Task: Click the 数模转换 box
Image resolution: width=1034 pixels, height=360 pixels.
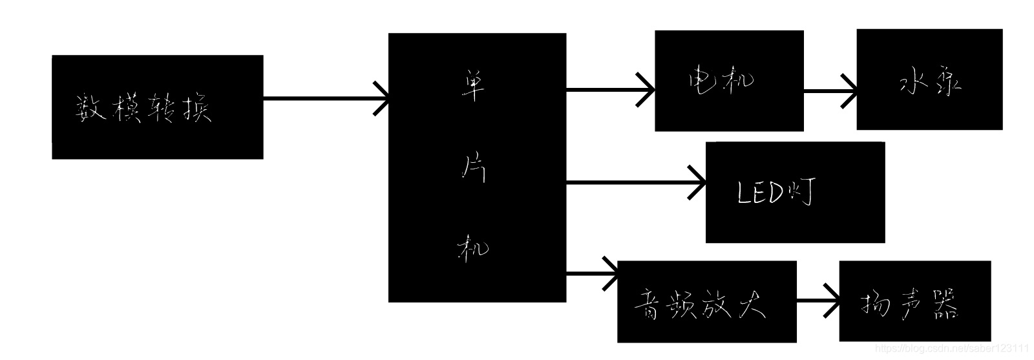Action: pyautogui.click(x=157, y=107)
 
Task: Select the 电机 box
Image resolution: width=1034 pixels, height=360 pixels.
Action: pyautogui.click(x=729, y=81)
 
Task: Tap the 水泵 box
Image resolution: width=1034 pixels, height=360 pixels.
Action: pyautogui.click(x=929, y=79)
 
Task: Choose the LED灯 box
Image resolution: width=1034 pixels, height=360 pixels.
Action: pyautogui.click(x=794, y=193)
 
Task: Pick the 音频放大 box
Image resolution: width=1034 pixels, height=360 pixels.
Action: pyautogui.click(x=706, y=301)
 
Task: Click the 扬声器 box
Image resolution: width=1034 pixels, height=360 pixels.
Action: pyautogui.click(x=914, y=301)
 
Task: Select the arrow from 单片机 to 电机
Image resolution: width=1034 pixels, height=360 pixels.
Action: pyautogui.click(x=610, y=90)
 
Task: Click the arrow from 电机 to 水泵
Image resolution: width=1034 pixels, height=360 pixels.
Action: pyautogui.click(x=830, y=91)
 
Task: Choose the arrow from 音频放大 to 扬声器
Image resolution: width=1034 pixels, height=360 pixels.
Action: pyautogui.click(x=818, y=301)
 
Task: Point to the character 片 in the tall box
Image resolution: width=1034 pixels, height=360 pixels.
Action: pyautogui.click(x=474, y=169)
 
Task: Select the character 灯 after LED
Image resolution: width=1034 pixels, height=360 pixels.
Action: pyautogui.click(x=802, y=191)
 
